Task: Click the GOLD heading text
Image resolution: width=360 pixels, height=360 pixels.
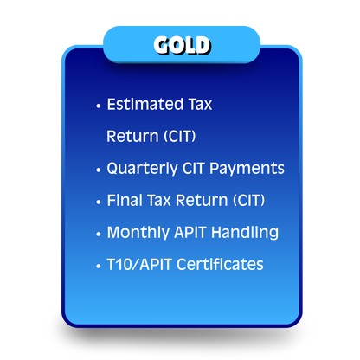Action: [x=181, y=44]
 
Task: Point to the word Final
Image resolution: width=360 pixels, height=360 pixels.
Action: [x=123, y=200]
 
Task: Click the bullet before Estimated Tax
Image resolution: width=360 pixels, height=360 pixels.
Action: [x=99, y=106]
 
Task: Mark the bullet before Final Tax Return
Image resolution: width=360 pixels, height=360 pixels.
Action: [x=99, y=202]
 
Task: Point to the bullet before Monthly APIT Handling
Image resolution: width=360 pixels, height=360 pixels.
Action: [x=99, y=234]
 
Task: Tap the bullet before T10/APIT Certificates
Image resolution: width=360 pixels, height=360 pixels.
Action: [x=99, y=266]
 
